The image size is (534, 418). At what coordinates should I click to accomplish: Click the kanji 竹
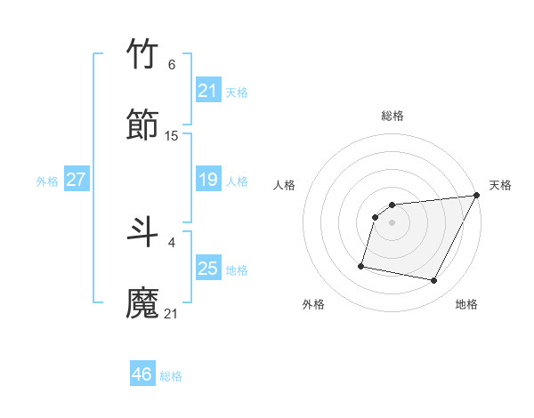click(143, 55)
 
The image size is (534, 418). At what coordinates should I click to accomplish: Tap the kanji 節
click(143, 125)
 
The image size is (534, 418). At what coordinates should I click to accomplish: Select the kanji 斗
click(143, 233)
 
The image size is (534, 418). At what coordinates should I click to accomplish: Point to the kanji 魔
click(143, 303)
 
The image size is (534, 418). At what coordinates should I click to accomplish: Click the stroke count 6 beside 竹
click(172, 65)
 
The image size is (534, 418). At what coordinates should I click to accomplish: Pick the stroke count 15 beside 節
click(172, 135)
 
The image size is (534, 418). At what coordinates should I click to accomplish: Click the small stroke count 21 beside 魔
click(172, 313)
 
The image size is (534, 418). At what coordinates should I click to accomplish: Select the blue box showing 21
click(208, 90)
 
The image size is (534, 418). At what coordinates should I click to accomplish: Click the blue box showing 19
click(208, 180)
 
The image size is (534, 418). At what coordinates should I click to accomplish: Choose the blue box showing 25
click(208, 268)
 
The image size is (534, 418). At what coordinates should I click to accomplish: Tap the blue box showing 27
click(77, 180)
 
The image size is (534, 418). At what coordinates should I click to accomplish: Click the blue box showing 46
click(142, 374)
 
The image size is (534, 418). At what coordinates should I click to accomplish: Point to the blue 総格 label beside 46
click(171, 376)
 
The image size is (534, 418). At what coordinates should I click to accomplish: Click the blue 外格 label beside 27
click(47, 181)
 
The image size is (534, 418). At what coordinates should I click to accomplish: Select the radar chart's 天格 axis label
click(500, 185)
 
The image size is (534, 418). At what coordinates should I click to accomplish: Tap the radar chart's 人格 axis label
click(285, 185)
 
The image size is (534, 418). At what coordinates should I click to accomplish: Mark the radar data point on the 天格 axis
click(477, 196)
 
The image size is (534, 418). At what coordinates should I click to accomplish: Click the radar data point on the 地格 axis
click(434, 281)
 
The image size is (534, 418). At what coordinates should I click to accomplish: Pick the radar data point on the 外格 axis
click(361, 265)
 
